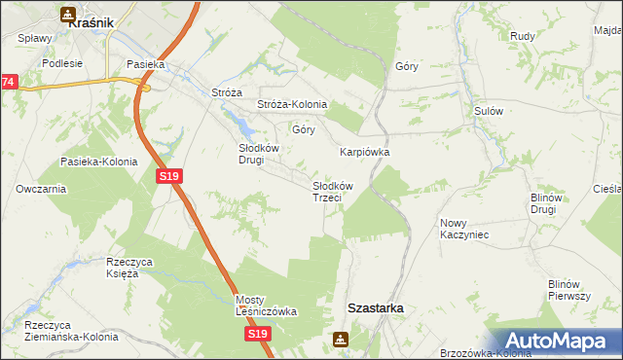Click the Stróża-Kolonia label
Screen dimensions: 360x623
(x=292, y=104)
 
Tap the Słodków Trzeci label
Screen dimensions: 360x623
(x=332, y=191)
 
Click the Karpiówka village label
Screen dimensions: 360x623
(x=364, y=152)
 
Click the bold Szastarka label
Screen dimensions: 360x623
(x=376, y=307)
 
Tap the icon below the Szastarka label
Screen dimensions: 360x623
(x=341, y=340)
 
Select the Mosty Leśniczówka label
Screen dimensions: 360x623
(x=266, y=306)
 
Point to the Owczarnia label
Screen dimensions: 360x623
(x=41, y=189)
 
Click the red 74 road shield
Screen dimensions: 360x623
(x=8, y=83)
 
